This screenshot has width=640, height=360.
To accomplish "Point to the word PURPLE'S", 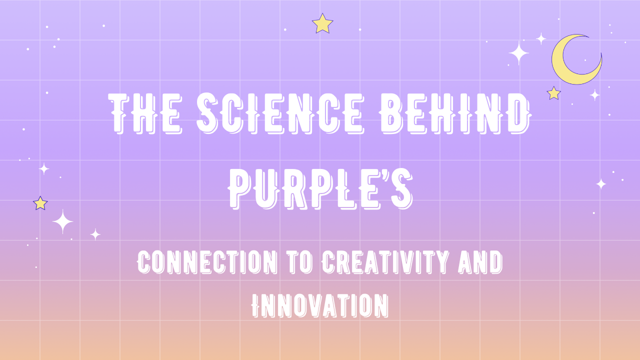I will pyautogui.click(x=320, y=189).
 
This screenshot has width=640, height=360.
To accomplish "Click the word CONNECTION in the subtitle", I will pyautogui.click(x=207, y=262).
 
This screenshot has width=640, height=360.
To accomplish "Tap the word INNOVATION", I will pyautogui.click(x=320, y=305).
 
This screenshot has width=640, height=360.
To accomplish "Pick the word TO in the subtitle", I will pyautogui.click(x=299, y=262).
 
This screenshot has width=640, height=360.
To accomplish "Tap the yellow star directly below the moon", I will pyautogui.click(x=553, y=93).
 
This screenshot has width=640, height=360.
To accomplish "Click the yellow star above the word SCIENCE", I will pyautogui.click(x=322, y=23).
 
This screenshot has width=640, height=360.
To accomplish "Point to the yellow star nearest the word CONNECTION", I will pyautogui.click(x=40, y=203).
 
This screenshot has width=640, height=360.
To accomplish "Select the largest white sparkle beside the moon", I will pyautogui.click(x=518, y=53).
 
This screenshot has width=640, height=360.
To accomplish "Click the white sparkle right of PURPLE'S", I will pyautogui.click(x=601, y=184).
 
